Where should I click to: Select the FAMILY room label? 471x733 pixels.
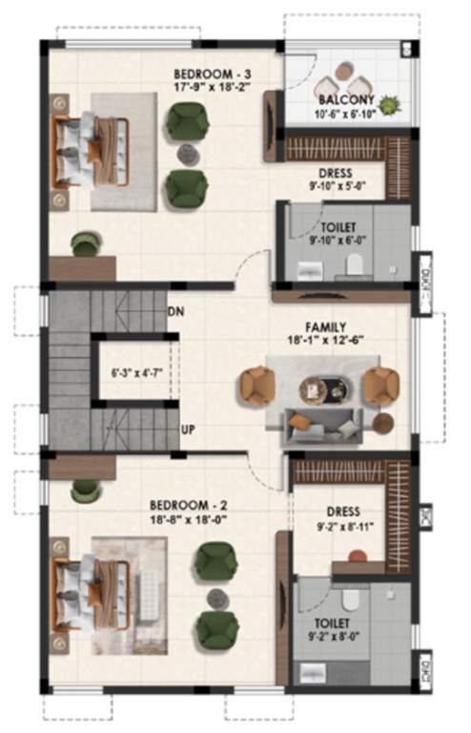(x=324, y=326)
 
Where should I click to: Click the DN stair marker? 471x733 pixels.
(x=175, y=311)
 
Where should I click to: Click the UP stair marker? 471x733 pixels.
(x=188, y=429)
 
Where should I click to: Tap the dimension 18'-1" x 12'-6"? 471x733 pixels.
(x=324, y=340)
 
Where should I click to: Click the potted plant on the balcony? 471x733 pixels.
(x=391, y=101)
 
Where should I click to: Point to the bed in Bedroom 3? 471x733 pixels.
(x=91, y=151)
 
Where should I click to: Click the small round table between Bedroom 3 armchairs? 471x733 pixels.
(x=187, y=152)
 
